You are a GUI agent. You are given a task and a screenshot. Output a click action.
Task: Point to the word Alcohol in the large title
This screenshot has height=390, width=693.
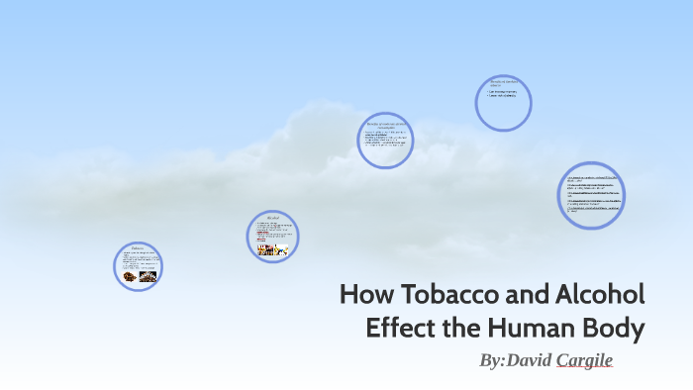pos(602,295)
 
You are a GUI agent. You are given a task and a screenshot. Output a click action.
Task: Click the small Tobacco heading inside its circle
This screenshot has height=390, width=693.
pos(138,247)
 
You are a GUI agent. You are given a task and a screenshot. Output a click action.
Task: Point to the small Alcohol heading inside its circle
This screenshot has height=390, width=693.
pos(272,216)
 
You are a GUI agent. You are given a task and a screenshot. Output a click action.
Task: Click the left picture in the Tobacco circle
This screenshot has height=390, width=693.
pos(130,277)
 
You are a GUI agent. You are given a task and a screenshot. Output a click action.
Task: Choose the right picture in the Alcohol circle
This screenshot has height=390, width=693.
pos(281,250)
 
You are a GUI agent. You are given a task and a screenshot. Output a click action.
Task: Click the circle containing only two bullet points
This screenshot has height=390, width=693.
pos(503,103)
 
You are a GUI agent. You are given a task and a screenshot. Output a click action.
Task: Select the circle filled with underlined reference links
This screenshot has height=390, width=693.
pos(591,195)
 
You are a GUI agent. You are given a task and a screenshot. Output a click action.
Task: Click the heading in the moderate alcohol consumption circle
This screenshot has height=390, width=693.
pos(384,126)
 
